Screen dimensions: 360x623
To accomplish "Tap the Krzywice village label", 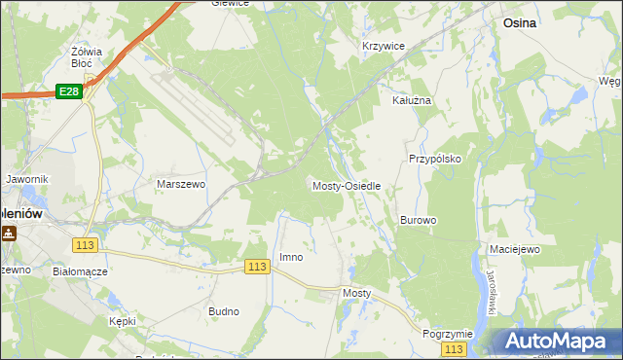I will [383, 47].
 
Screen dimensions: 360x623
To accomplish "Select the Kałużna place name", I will [411, 100].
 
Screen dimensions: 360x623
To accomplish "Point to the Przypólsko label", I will [434, 158].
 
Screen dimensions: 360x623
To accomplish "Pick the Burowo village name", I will [418, 221].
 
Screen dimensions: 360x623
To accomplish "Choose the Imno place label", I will [291, 257].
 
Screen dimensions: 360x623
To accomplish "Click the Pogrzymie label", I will [447, 334].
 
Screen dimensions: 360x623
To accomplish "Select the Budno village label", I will [224, 312].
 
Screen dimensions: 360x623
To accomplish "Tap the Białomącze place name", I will [80, 272].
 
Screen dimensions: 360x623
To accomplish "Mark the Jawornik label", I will [26, 180].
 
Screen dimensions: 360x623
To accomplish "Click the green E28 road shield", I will [67, 90].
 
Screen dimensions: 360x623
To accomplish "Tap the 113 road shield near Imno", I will [257, 267].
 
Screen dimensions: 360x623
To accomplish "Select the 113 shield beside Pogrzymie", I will [453, 348].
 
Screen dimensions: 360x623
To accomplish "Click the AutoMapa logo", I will [558, 342].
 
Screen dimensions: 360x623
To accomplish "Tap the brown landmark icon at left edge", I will [9, 234].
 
